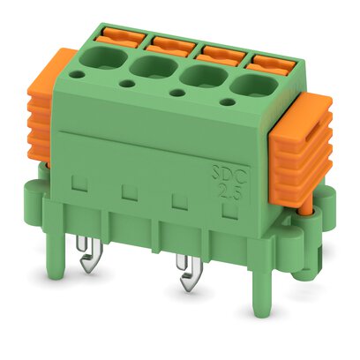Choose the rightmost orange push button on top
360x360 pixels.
265,61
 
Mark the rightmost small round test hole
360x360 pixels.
232,105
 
